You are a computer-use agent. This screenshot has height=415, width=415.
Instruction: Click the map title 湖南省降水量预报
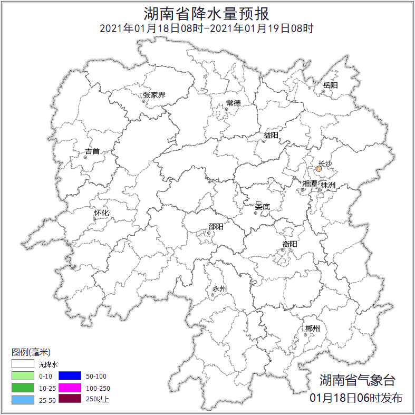click(x=207, y=13)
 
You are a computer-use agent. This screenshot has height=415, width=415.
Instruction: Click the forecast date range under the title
click(x=207, y=28)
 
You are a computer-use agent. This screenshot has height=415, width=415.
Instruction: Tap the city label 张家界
click(x=154, y=95)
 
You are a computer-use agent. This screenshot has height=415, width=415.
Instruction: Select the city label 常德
click(x=233, y=103)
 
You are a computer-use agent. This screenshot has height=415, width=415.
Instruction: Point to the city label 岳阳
click(x=331, y=85)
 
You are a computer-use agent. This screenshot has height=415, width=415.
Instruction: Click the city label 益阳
click(x=271, y=136)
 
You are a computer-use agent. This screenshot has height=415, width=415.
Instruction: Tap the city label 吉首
click(x=92, y=151)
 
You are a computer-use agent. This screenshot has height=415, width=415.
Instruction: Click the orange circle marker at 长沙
click(x=319, y=169)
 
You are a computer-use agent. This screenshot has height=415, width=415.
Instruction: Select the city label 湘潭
click(x=310, y=184)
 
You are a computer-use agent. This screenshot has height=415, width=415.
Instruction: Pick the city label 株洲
click(x=328, y=185)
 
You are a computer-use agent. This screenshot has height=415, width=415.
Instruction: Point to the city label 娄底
click(x=262, y=206)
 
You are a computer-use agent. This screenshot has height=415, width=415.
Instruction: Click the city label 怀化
click(x=101, y=213)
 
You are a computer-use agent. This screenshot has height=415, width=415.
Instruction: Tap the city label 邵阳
click(x=216, y=227)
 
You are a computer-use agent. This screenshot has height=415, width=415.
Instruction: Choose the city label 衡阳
click(x=290, y=244)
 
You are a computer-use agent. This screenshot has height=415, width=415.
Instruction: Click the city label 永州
click(x=219, y=288)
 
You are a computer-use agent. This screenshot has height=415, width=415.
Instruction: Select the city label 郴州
click(x=313, y=329)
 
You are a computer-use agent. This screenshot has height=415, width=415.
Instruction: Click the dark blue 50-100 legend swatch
click(x=69, y=376)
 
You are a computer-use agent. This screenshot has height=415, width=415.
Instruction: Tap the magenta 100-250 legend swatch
click(x=69, y=388)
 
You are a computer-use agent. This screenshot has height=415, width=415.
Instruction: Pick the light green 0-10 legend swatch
click(x=23, y=376)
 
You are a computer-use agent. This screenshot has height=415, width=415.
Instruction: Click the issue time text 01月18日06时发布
click(x=356, y=398)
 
